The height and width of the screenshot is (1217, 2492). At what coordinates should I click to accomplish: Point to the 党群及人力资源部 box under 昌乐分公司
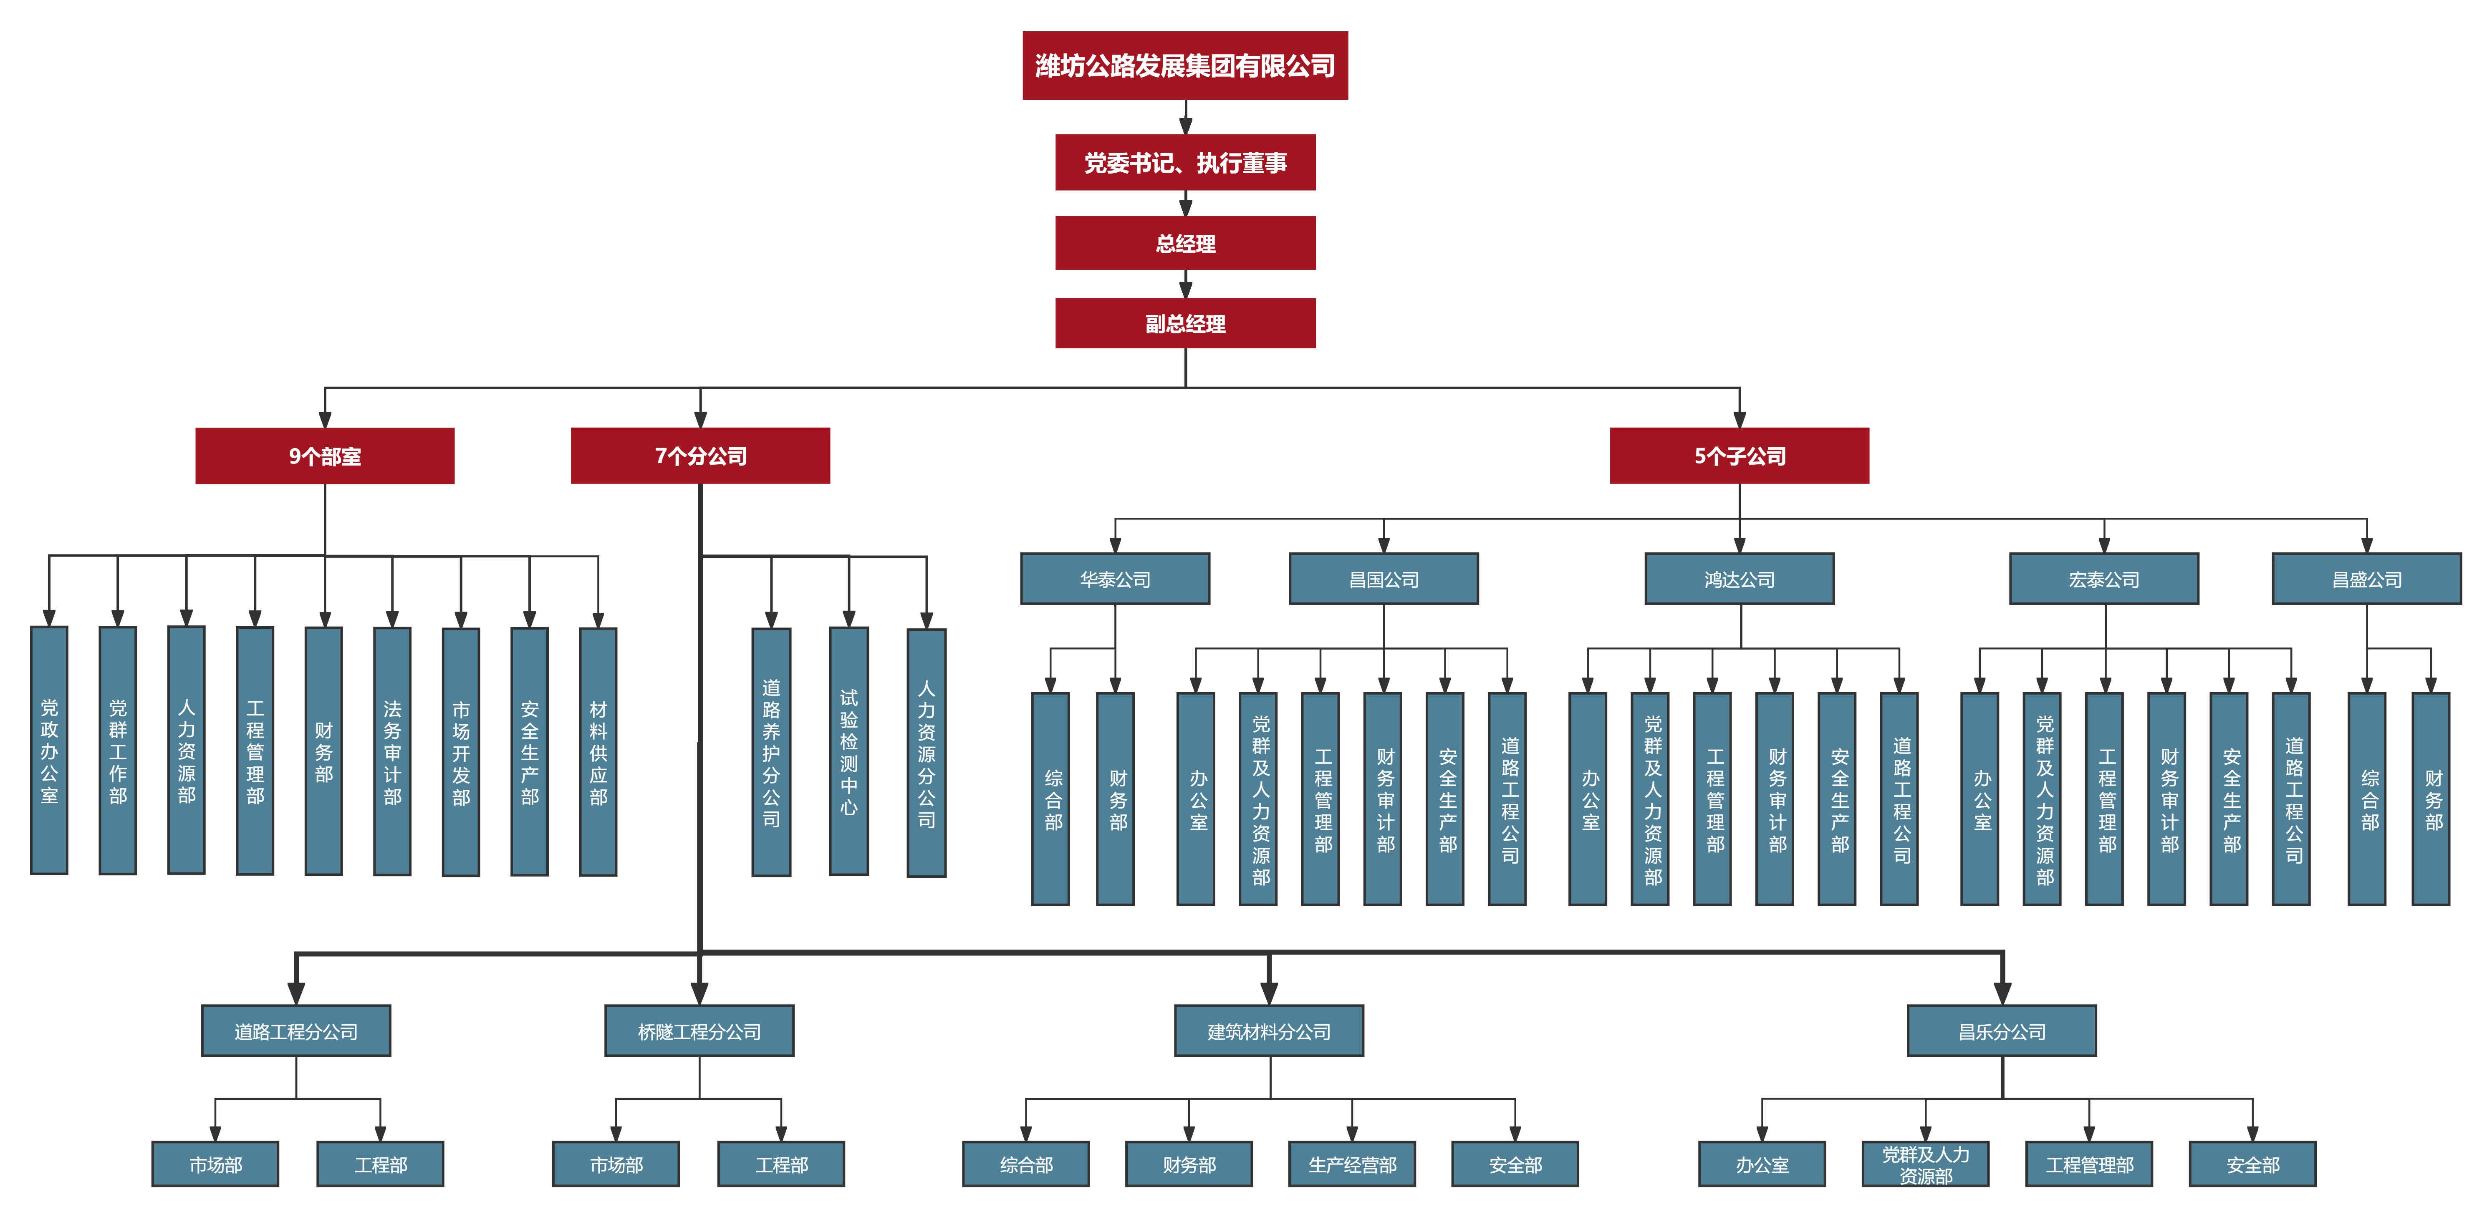tap(1925, 1164)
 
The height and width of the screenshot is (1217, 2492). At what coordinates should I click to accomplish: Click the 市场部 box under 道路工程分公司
tap(215, 1164)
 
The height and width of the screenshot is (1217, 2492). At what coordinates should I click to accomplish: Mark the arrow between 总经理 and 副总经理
tap(1185, 285)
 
